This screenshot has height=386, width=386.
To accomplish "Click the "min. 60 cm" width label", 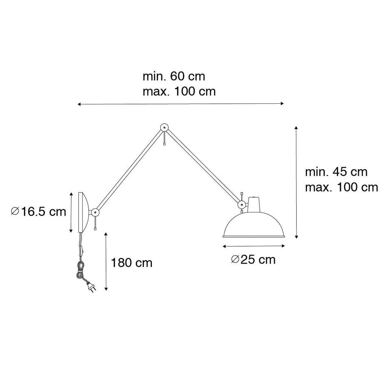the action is [174, 76].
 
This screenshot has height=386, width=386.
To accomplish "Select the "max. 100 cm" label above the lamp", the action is [179, 92].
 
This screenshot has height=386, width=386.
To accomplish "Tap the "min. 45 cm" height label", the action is [336, 172].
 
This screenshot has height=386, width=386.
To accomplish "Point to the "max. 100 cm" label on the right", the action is [342, 187].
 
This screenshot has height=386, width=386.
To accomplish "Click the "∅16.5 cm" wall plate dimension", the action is [39, 212].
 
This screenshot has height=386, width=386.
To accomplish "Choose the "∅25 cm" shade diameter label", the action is [253, 260].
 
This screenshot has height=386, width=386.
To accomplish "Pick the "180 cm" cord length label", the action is [132, 263].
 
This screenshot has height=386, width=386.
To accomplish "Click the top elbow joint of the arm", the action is [164, 127].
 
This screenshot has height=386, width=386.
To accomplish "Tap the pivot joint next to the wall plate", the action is [95, 212].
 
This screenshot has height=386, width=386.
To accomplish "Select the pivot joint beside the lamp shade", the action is [242, 204].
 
